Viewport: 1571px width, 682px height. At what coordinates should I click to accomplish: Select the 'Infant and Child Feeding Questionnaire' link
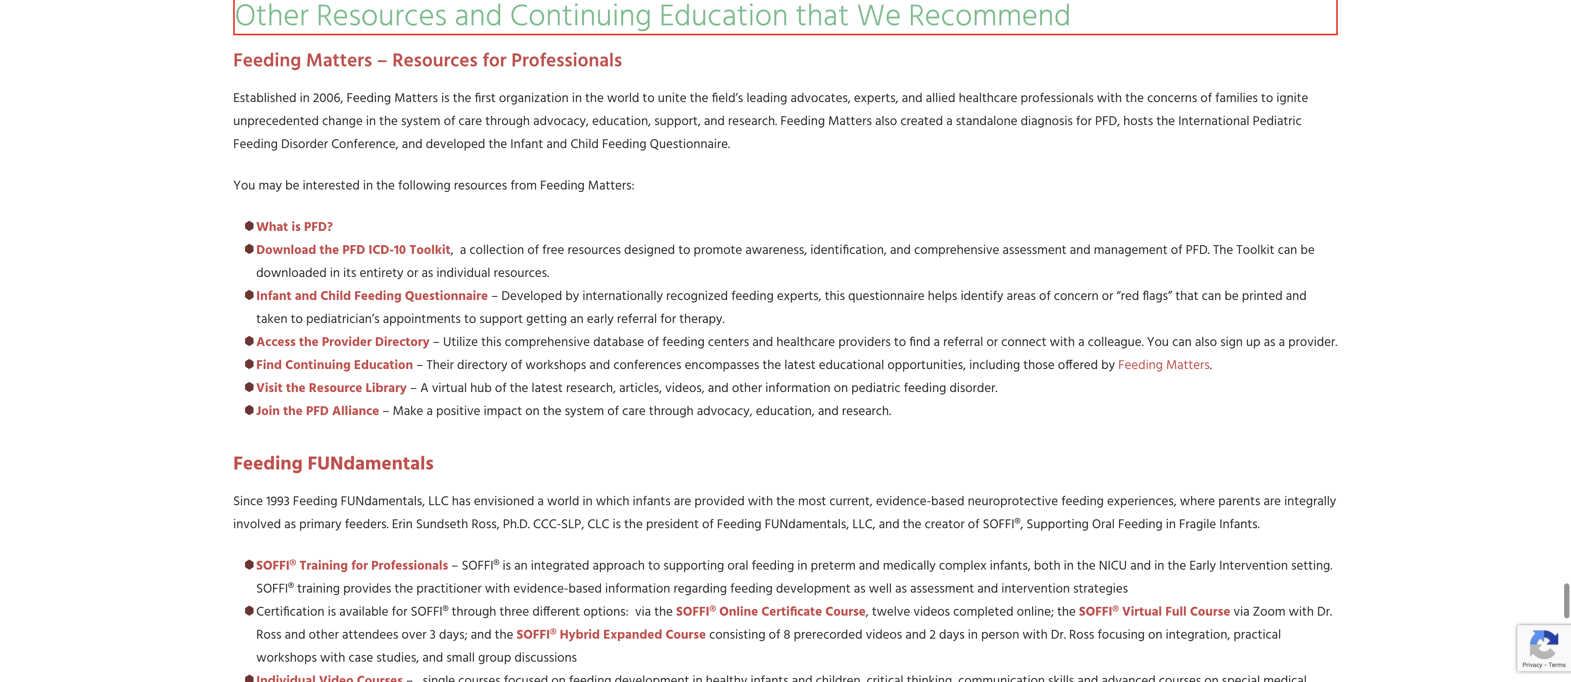point(371,296)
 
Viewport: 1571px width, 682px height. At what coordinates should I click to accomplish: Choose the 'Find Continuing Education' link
point(334,365)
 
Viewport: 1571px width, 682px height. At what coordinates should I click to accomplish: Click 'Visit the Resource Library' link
point(331,388)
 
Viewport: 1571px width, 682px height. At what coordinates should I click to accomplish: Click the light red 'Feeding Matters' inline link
point(1163,365)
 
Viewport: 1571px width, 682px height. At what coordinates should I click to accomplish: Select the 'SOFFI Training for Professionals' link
point(352,565)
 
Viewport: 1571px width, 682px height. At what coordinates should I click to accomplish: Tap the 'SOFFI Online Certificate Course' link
point(770,612)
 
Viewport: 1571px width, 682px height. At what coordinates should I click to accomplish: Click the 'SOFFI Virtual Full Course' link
point(1154,612)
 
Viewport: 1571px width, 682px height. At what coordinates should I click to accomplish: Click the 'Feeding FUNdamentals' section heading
point(333,464)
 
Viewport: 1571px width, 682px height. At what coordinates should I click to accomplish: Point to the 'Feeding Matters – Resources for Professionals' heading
point(427,60)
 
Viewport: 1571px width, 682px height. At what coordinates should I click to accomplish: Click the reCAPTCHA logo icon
point(1543,644)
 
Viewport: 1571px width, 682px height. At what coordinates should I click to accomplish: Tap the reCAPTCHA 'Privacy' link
point(1532,665)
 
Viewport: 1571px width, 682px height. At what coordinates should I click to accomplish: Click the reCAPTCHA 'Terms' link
point(1557,665)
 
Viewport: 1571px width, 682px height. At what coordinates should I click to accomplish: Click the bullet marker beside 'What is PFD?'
point(249,226)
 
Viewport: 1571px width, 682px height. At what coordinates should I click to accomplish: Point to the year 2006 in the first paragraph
point(326,98)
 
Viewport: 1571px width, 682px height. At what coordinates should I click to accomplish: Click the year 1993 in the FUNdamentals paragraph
point(277,501)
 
